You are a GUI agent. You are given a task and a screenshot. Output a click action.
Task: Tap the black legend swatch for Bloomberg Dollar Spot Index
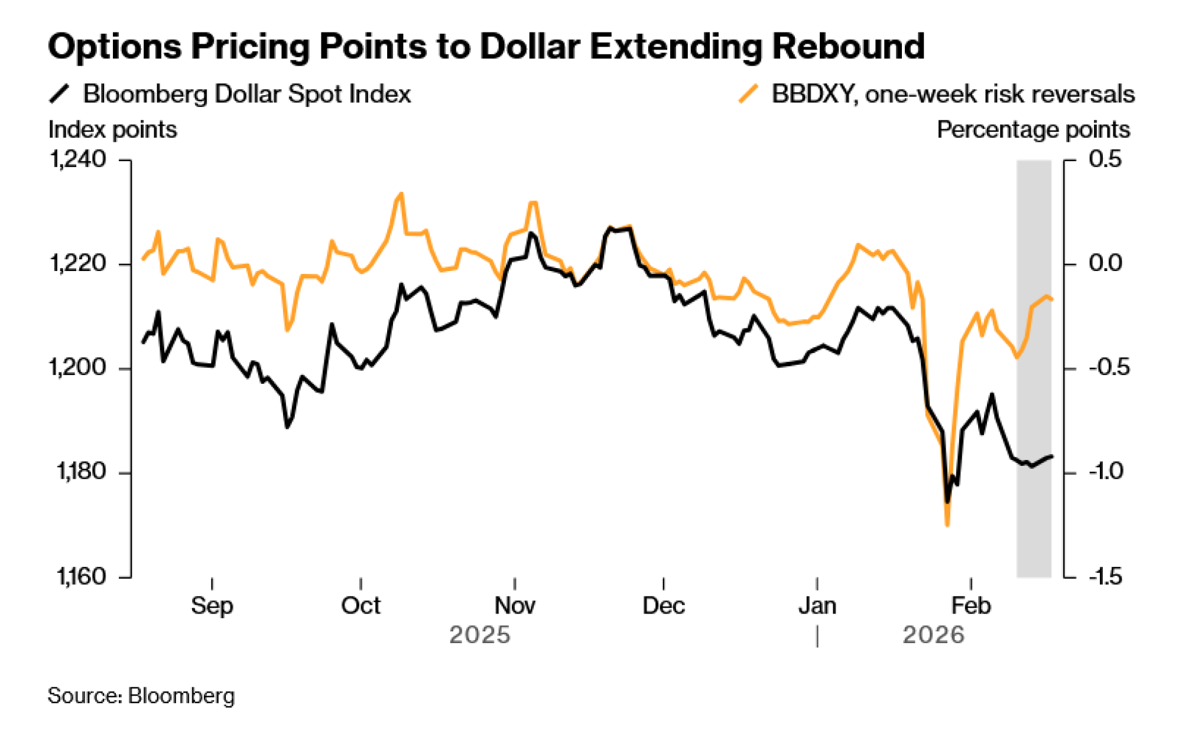point(59,94)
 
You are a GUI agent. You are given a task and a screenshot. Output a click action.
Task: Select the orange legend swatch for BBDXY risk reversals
point(748,94)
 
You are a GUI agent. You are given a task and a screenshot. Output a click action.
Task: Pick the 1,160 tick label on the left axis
point(81,576)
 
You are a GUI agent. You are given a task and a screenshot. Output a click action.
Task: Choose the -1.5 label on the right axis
point(1105,576)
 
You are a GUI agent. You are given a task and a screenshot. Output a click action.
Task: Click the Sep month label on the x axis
point(212,606)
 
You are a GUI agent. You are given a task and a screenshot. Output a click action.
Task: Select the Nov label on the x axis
point(515,606)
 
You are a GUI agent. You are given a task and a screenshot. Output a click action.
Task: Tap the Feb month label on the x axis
point(970,606)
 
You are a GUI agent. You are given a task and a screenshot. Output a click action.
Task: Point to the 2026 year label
point(933,635)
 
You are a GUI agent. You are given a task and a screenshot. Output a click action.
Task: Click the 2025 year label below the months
point(479,635)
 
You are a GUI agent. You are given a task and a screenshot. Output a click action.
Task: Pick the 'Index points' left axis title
point(112,130)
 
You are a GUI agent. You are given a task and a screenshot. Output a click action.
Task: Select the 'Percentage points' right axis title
point(1033,130)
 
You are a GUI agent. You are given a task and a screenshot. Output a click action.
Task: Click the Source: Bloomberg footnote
point(141,696)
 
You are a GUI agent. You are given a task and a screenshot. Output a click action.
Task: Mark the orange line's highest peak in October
point(401,194)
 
